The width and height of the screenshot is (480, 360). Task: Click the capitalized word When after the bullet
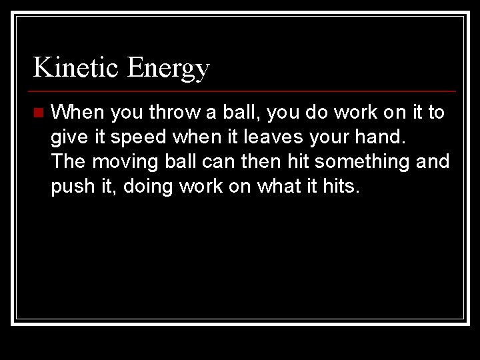coord(77,112)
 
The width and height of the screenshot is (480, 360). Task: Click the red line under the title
coord(244,91)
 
